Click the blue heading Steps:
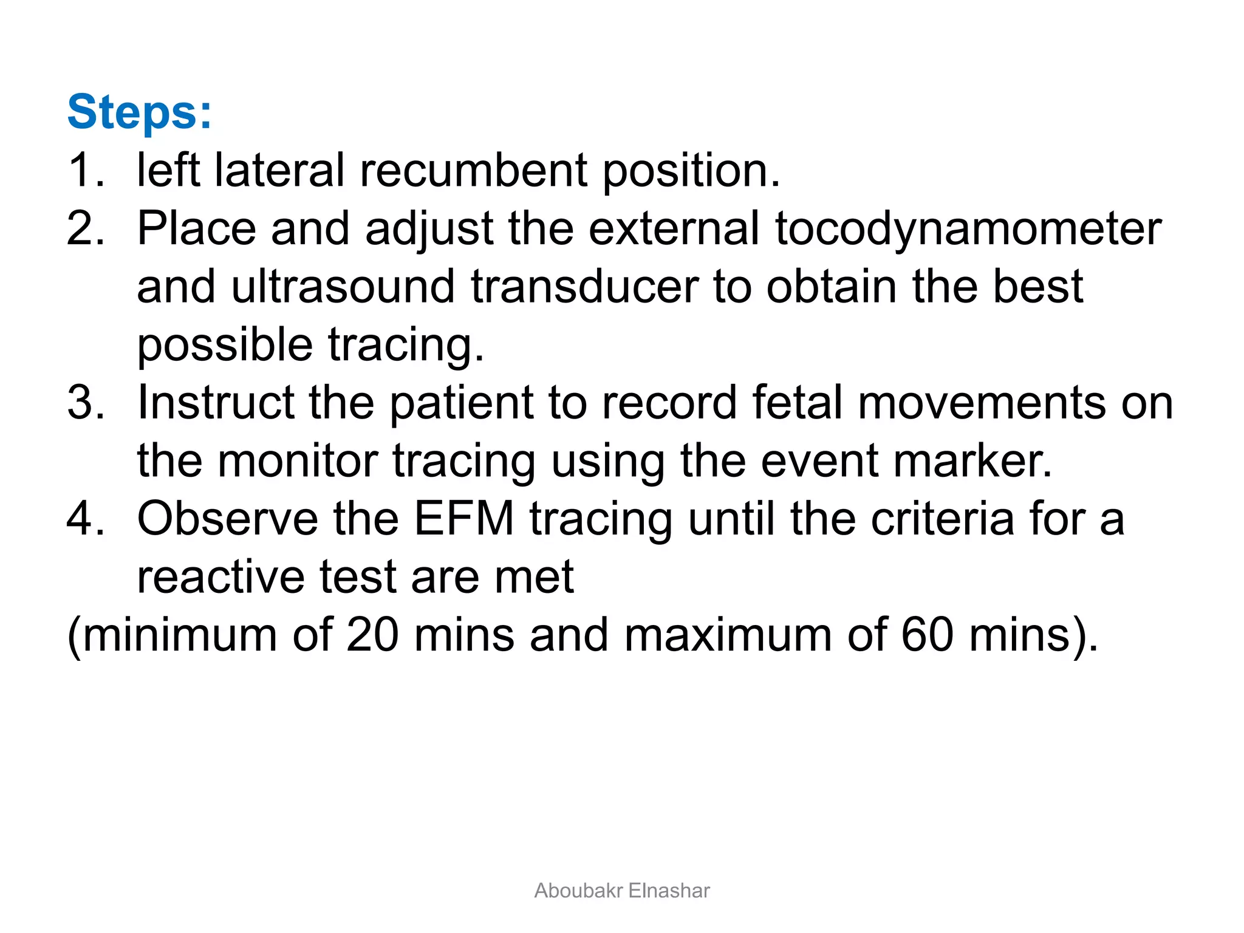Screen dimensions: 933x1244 click(x=140, y=112)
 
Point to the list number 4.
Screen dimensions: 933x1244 click(x=85, y=519)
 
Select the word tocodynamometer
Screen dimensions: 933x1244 click(x=968, y=230)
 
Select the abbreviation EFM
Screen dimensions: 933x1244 click(x=464, y=519)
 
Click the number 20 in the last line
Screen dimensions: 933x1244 click(x=372, y=635)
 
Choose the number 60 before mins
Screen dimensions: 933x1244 click(x=927, y=635)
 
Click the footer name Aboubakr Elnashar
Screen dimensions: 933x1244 click(x=622, y=890)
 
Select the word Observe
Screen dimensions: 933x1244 click(x=228, y=519)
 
